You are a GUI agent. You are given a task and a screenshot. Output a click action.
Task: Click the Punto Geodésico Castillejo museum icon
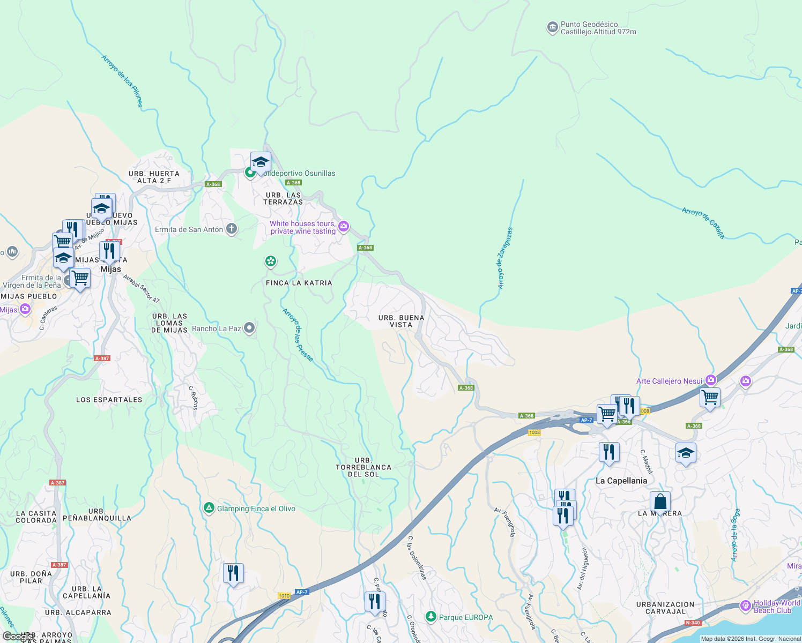click(552, 28)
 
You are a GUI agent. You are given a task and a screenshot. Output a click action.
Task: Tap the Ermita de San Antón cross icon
click(232, 229)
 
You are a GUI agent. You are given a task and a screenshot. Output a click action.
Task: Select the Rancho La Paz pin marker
click(249, 328)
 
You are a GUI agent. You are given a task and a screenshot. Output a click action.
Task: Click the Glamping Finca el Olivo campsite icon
click(209, 508)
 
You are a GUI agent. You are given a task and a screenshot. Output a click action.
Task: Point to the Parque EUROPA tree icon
click(430, 617)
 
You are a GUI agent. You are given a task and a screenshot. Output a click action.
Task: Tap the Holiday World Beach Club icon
click(745, 606)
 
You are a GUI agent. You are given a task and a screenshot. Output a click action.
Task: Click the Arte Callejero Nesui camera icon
click(711, 380)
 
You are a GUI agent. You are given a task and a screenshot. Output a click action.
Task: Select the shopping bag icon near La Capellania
click(660, 503)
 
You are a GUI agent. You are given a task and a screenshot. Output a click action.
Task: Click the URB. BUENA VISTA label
click(401, 321)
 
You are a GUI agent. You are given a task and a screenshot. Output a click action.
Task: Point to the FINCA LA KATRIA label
click(299, 283)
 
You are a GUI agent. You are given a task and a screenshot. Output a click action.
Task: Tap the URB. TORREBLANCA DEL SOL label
click(363, 467)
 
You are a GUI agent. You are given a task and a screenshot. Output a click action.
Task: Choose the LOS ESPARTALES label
click(109, 400)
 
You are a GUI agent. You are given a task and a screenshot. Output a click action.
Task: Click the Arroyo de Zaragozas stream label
click(505, 258)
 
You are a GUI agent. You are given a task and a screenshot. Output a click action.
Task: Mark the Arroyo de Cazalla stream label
click(703, 222)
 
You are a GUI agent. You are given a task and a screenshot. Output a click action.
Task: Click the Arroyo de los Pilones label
click(122, 81)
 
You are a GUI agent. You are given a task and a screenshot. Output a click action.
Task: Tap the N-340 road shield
click(693, 623)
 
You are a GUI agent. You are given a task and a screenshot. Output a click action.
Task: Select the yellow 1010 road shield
click(284, 596)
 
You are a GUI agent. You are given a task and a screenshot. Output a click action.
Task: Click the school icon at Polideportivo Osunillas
click(261, 162)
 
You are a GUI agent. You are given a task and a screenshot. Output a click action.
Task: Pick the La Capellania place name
click(621, 481)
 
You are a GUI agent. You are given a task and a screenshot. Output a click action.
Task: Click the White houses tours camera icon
click(344, 227)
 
